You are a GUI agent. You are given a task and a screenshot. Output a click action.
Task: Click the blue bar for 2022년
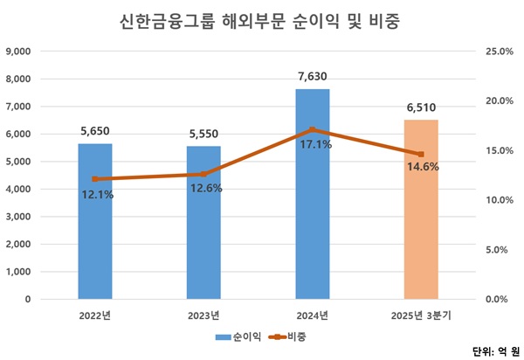pos(95,236)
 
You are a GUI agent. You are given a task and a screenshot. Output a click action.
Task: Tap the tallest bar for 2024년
pos(313,218)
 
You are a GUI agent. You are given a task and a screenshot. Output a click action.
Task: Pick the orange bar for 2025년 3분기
pos(421,227)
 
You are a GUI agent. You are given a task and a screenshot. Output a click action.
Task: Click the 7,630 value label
pos(313,76)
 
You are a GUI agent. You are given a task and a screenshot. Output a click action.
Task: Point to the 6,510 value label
pos(421,107)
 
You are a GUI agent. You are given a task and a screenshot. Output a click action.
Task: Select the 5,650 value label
pos(95,131)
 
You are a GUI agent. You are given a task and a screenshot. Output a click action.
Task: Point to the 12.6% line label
pos(204,188)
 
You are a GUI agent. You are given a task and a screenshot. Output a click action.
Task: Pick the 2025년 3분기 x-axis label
pos(421,315)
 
